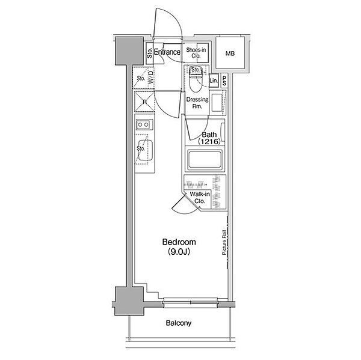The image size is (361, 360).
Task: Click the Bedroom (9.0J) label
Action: [179, 247]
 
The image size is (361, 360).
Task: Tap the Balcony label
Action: [179, 323]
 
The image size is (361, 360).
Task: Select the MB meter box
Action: [230, 53]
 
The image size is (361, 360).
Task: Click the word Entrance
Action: [167, 52]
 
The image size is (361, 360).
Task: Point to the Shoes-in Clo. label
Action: [196, 53]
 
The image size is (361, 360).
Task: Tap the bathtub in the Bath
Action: [205, 160]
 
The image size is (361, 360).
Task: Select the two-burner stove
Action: [144, 124]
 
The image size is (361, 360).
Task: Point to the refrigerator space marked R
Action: [144, 102]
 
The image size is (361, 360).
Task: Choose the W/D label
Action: [150, 78]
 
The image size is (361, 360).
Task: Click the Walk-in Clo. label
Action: [200, 197]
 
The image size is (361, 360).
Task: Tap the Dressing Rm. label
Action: [197, 103]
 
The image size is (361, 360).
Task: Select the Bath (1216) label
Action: [209, 138]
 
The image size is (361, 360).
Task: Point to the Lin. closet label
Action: [214, 81]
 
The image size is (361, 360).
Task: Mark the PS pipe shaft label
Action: [224, 81]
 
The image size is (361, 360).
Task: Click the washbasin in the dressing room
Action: [217, 102]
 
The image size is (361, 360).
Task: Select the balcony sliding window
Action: [190, 302]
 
